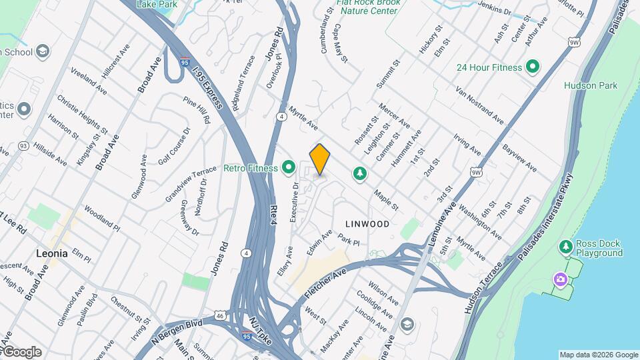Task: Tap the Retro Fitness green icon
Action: (289, 167)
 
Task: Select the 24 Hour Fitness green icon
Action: (532, 67)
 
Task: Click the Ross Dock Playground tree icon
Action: (566, 247)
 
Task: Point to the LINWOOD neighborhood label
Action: (367, 224)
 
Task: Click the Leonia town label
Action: (51, 253)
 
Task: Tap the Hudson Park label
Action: (590, 85)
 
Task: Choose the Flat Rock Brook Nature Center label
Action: (368, 7)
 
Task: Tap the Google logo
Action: (21, 351)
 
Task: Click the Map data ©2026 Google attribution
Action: (597, 355)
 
